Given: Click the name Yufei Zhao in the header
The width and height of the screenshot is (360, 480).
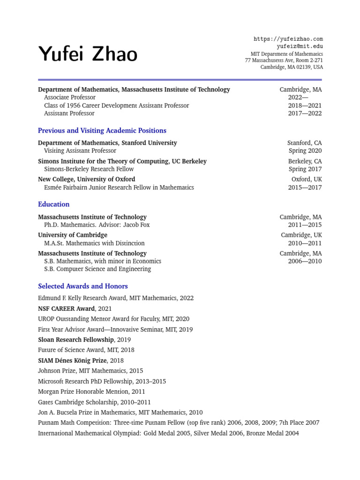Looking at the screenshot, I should pyautogui.click(x=88, y=54).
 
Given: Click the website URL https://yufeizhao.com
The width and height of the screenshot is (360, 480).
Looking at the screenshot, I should pyautogui.click(x=288, y=39).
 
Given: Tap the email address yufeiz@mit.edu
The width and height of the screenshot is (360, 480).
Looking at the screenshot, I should pyautogui.click(x=300, y=46).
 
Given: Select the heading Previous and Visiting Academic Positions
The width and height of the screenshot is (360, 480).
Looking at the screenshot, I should pyautogui.click(x=102, y=131).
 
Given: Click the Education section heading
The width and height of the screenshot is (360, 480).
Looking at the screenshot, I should pyautogui.click(x=53, y=204).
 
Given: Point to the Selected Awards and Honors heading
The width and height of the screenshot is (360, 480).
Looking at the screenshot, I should pyautogui.click(x=82, y=286).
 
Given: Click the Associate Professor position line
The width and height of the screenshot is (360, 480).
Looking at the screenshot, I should pyautogui.click(x=69, y=97).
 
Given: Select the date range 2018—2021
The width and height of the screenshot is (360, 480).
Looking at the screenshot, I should pyautogui.click(x=305, y=105).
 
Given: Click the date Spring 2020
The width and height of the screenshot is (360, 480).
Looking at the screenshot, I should pyautogui.click(x=305, y=151).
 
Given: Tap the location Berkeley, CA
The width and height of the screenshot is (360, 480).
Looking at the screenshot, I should pyautogui.click(x=305, y=161).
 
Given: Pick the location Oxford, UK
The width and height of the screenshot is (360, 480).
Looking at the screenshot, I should pyautogui.click(x=307, y=180).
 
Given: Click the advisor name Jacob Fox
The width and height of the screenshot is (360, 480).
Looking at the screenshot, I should pyautogui.click(x=136, y=225).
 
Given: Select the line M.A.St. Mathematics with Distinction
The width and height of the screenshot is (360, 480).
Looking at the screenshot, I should pyautogui.click(x=94, y=243).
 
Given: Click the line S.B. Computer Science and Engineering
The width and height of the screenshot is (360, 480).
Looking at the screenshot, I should pyautogui.click(x=97, y=269).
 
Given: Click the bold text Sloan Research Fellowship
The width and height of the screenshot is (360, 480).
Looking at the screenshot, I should pyautogui.click(x=75, y=340).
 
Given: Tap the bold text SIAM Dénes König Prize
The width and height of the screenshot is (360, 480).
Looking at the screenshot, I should pyautogui.click(x=72, y=360).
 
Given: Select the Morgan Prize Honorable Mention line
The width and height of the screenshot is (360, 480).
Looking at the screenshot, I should pyautogui.click(x=91, y=392).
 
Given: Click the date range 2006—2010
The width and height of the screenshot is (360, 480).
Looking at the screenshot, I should pyautogui.click(x=305, y=261).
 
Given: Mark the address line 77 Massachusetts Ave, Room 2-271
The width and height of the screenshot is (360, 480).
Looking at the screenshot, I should pyautogui.click(x=284, y=60).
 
